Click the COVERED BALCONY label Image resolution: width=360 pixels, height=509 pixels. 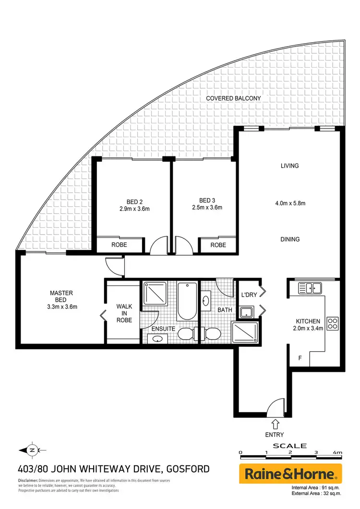tap(233, 98)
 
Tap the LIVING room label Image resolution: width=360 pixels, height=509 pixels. tap(290, 166)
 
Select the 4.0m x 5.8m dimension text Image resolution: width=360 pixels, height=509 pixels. tap(290, 203)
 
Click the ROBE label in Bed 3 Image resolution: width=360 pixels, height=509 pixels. tap(218, 245)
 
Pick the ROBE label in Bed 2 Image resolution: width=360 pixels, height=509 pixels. tap(120, 245)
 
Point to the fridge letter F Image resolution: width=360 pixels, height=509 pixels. tap(300, 357)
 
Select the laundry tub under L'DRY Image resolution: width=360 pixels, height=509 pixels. tap(247, 311)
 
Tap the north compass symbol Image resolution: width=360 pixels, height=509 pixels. tap(32, 450)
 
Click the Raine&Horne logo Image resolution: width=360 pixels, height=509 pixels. tap(290, 474)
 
